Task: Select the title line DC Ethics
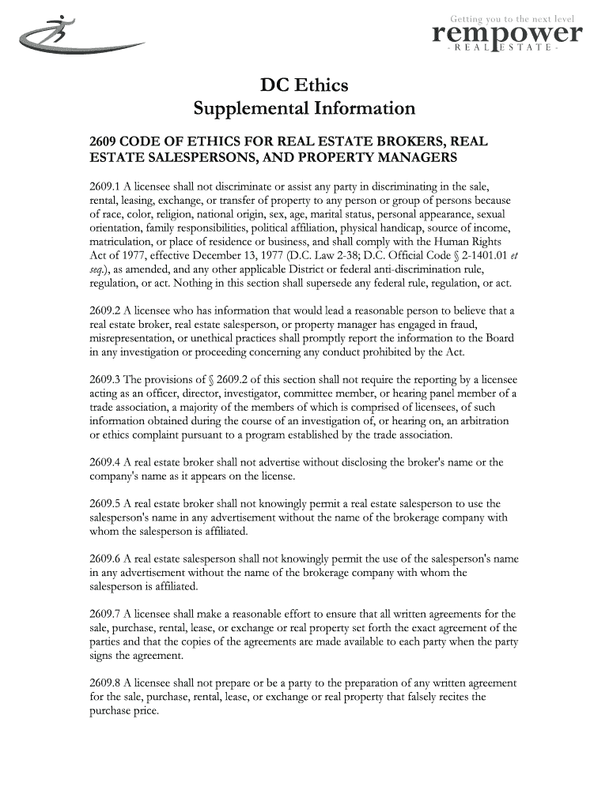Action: pos(304,84)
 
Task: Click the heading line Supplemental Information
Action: pos(304,107)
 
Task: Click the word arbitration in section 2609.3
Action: pos(486,421)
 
